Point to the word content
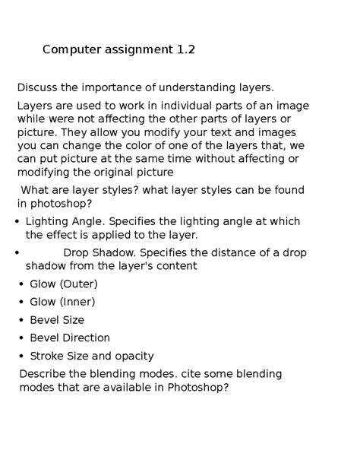click(174, 266)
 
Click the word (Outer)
click(79, 284)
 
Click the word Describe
click(43, 374)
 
